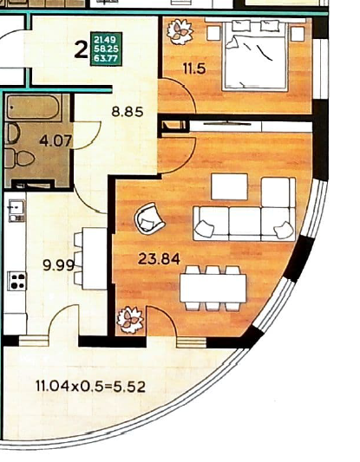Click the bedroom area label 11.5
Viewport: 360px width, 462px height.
coord(194,69)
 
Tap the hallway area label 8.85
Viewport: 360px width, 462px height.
coord(128,112)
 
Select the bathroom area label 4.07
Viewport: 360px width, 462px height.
coord(56,141)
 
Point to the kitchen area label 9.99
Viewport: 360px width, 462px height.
coord(58,265)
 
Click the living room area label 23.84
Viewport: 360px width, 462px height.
coord(159,259)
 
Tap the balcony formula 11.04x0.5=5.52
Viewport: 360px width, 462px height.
coord(90,386)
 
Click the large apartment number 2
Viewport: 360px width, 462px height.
coord(81,49)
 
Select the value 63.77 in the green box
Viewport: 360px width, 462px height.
coord(106,58)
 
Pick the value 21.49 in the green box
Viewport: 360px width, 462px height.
coord(105,39)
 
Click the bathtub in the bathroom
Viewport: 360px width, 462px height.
coord(34,107)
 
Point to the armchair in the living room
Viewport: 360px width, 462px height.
coord(149,218)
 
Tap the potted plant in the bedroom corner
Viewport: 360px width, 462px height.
coord(180,32)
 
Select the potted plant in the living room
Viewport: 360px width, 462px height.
coord(130,320)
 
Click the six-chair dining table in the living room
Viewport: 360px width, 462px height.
coord(213,288)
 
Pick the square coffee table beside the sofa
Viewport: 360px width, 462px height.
coord(229,187)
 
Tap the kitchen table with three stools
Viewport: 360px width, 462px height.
coord(90,258)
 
